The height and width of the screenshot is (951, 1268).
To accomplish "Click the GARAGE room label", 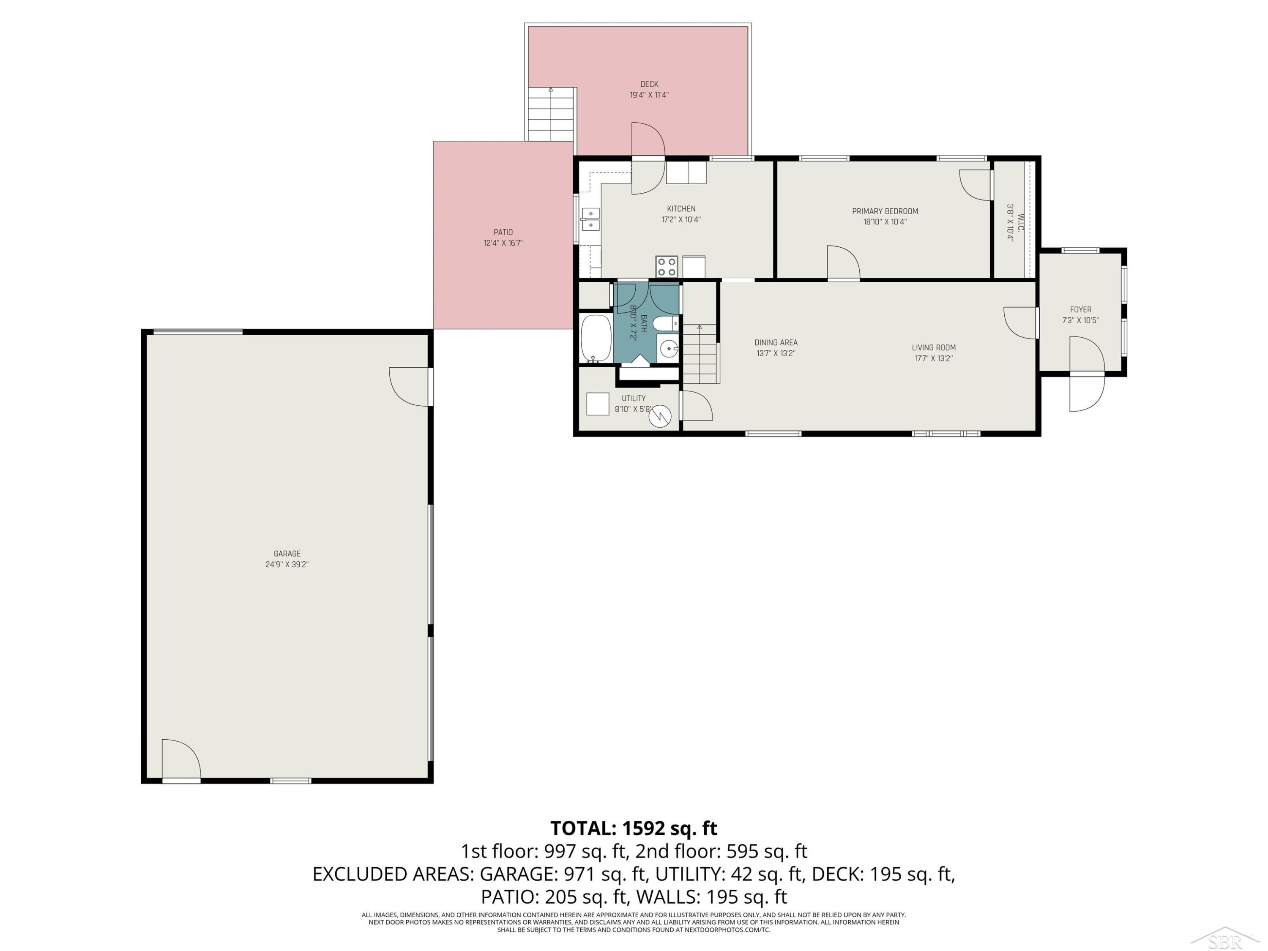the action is click(287, 554).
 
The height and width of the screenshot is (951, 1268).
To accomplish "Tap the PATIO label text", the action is click(503, 232).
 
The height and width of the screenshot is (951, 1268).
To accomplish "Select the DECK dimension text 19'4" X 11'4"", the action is click(650, 95).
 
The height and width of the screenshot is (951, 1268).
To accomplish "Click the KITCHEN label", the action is click(681, 209).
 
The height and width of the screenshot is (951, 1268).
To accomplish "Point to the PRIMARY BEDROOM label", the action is click(885, 211).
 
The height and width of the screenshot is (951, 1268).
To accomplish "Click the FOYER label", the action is click(1081, 309).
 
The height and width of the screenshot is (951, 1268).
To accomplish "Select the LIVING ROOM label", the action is click(934, 347).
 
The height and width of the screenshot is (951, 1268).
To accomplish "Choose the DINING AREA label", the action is click(776, 343).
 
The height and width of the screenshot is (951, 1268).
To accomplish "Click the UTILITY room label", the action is click(634, 399).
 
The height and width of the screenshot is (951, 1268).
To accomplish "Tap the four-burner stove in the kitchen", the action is click(667, 267).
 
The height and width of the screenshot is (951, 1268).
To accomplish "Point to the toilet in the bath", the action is click(666, 324).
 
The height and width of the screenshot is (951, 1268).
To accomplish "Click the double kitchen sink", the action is click(590, 219).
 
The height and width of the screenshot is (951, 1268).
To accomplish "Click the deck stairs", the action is click(551, 114).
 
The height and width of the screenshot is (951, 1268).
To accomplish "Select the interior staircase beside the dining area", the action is click(700, 354).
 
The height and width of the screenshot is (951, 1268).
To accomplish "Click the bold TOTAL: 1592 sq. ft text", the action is click(634, 828).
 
